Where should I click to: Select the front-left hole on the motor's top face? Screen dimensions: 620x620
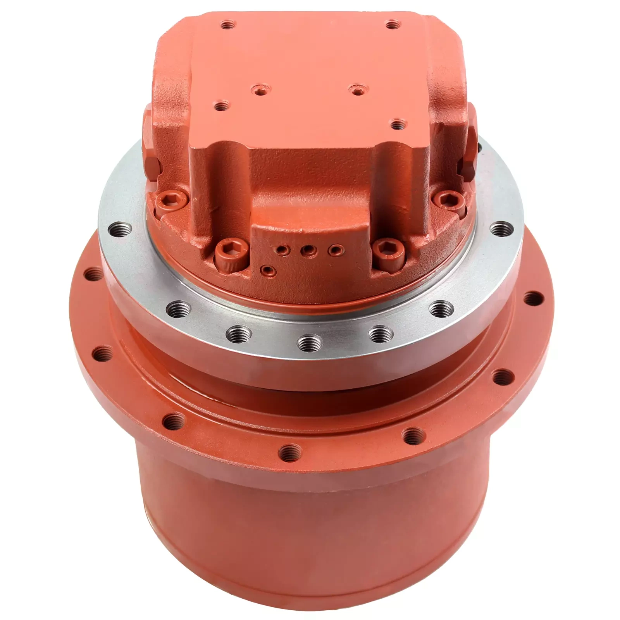pos(221,105)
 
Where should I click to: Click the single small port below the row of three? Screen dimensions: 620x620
pos(267,269)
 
